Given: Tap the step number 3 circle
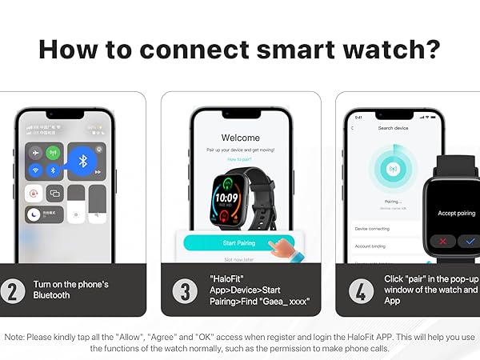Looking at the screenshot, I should [185, 290].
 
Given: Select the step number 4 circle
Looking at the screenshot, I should [361, 290].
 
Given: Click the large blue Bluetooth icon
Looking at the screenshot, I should [81, 160].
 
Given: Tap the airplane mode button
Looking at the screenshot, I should [35, 153].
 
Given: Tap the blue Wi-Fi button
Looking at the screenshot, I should [35, 170].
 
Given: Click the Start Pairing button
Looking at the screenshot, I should [234, 242].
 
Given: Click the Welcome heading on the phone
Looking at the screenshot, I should [240, 138].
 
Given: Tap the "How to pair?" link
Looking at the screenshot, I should [240, 159].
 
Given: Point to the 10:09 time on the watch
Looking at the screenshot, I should [226, 197].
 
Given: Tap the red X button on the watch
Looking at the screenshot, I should [442, 241].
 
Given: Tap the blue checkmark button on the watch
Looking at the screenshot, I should [468, 241].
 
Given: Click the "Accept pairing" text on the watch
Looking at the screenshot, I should [457, 213].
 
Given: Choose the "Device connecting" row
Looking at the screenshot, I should [373, 228].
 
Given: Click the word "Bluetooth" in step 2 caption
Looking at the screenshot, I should [51, 295].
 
